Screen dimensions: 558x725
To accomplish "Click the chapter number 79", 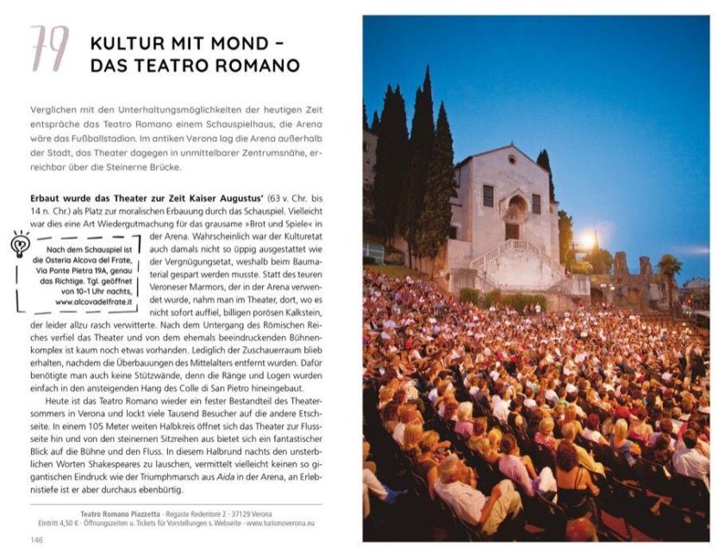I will coord(49,48).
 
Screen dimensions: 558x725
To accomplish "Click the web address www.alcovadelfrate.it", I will coord(94,302).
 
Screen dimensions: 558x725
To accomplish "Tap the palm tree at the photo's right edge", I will coord(669,266).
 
